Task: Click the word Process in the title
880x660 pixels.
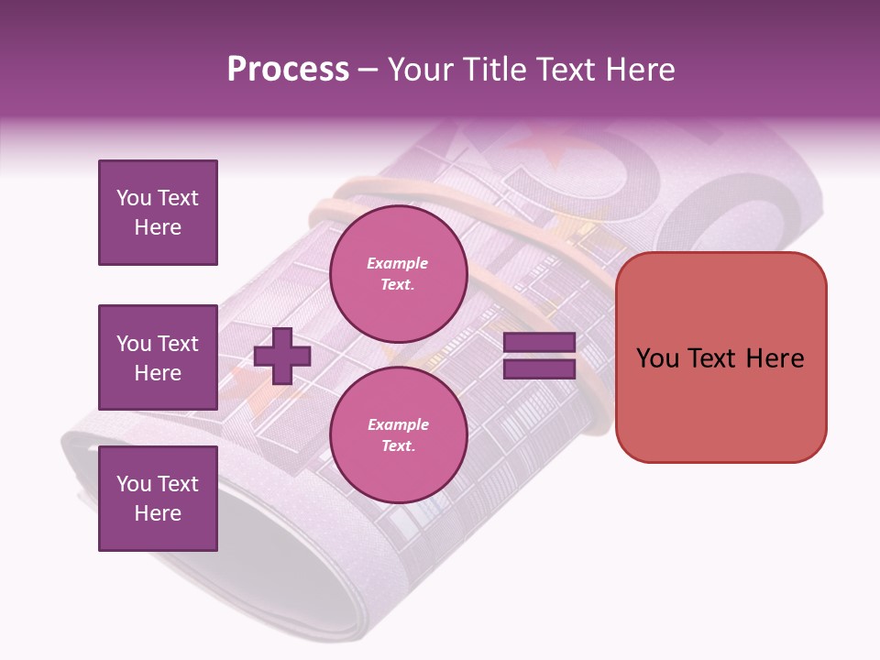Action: tap(288, 70)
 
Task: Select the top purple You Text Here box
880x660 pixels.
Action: tap(158, 213)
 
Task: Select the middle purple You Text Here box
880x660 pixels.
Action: tap(158, 357)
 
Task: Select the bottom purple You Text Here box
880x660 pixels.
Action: tap(158, 499)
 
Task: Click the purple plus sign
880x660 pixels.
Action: tap(282, 356)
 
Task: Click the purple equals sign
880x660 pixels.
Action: tap(539, 356)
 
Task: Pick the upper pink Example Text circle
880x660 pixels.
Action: tap(398, 273)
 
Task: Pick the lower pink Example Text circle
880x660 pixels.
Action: tap(398, 434)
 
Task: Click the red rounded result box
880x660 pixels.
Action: tap(720, 357)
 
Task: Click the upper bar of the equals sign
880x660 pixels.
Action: tap(539, 343)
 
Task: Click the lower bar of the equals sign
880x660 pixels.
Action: tap(539, 368)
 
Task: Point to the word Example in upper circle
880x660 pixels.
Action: tap(398, 263)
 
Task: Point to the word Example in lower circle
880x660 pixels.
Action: tap(398, 424)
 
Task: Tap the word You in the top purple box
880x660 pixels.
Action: tap(133, 198)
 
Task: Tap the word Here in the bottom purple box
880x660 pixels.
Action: tap(158, 513)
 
